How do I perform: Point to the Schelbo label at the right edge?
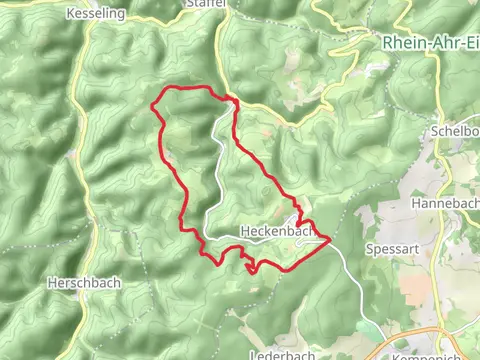(455, 130)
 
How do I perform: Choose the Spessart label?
(390, 247)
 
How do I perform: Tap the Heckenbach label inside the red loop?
(271, 230)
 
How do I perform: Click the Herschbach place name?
(84, 282)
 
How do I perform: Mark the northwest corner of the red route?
(152, 103)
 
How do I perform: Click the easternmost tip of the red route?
(331, 239)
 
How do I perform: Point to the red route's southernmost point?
(251, 271)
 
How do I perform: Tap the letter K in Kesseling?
(69, 14)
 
